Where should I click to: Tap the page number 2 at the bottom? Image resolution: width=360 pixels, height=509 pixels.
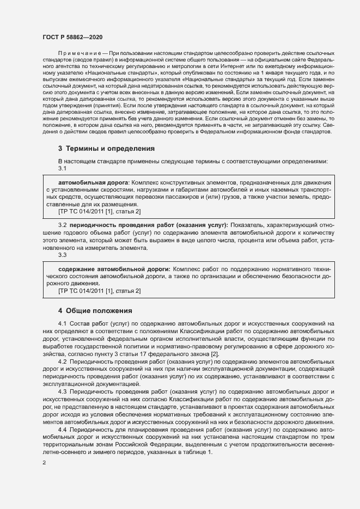pos(44,463)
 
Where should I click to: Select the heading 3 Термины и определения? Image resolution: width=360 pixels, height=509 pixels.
pos(99,148)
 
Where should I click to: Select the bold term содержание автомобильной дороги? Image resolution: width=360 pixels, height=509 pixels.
pos(114,269)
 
